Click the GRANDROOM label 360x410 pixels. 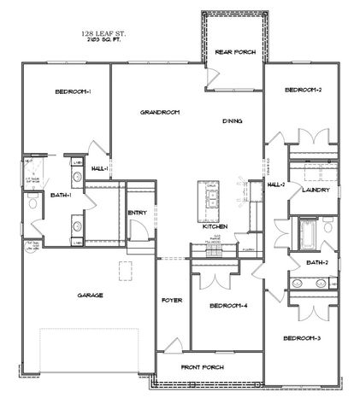(x=160, y=113)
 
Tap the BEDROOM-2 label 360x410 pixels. (x=303, y=91)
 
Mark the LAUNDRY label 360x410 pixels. (x=310, y=190)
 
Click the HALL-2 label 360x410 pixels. (x=275, y=184)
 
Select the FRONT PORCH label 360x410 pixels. (x=201, y=368)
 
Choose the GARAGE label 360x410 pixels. (x=90, y=296)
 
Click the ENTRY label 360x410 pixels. (x=138, y=214)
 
